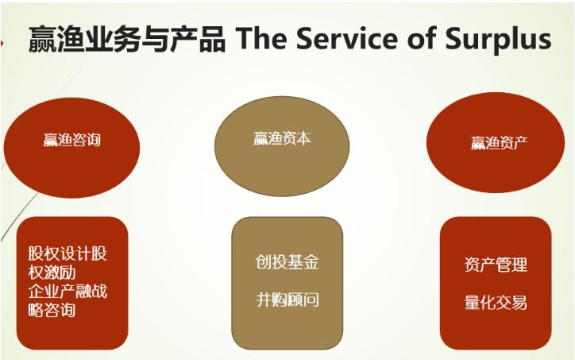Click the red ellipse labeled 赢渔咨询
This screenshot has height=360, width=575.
click(71, 142)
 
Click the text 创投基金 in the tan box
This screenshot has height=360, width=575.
click(287, 263)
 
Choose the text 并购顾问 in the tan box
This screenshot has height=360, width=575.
click(287, 300)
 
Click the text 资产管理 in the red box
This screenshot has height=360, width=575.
click(496, 264)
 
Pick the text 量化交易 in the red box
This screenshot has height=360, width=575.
click(496, 302)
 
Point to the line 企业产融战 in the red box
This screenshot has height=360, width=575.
click(67, 291)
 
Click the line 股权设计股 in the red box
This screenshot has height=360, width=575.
click(67, 254)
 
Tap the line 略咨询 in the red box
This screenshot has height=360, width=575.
click(52, 310)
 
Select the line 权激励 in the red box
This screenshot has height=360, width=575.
click(52, 272)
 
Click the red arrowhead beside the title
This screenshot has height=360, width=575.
click(3, 42)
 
